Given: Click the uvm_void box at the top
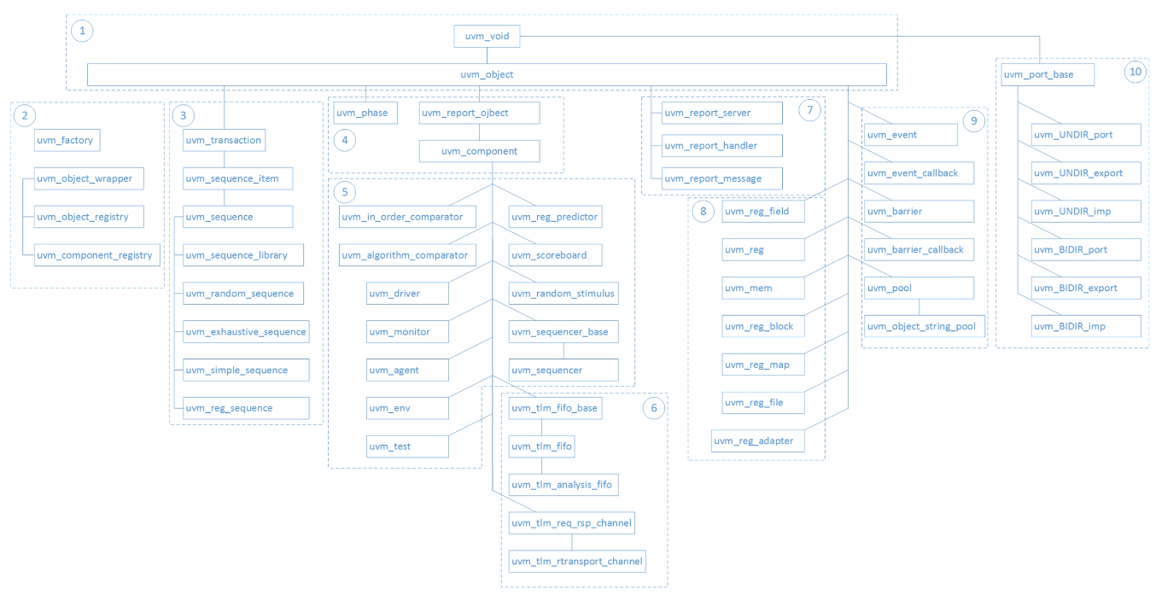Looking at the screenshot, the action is [x=487, y=36].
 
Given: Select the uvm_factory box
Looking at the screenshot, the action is [x=67, y=140].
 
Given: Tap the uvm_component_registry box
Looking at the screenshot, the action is [x=97, y=255].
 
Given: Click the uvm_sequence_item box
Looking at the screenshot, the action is [x=238, y=178].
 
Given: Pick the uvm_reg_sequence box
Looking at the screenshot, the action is [x=246, y=408].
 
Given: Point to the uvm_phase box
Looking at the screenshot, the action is [x=365, y=113].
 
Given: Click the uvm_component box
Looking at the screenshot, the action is [x=480, y=151].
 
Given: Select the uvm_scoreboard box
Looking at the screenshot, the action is [x=555, y=255].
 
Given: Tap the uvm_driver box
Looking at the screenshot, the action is [x=407, y=293].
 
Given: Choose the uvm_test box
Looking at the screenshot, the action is [x=407, y=446].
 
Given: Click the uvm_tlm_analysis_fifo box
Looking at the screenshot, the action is [x=563, y=485].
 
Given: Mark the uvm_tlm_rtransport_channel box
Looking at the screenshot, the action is [x=577, y=561].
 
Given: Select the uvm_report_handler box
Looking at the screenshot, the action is [x=722, y=145].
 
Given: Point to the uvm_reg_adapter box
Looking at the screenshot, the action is [x=757, y=440].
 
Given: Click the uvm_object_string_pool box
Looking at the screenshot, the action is [x=925, y=326].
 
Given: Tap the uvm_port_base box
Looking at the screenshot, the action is [x=1047, y=74].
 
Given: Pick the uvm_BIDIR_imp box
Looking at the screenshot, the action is [x=1086, y=326].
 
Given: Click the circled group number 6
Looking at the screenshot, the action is [x=653, y=408].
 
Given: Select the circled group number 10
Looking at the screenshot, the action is [x=1136, y=72].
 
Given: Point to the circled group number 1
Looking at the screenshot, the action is [x=82, y=31].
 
